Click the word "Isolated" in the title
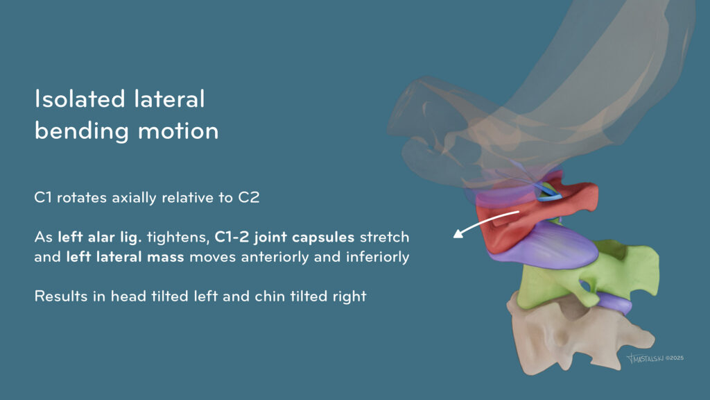80,99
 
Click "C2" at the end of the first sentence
249,197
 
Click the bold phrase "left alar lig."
100,237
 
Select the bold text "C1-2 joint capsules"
284,237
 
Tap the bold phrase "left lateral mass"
125,257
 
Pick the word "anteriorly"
275,257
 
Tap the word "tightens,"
177,237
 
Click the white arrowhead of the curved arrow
459,233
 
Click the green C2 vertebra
589,276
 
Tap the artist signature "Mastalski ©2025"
655,358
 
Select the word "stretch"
384,237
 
